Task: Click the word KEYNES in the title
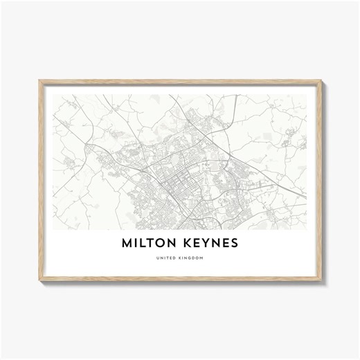[x=212, y=244]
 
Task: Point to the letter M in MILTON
[x=127, y=244]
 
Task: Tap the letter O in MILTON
[x=163, y=244]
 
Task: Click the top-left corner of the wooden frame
[x=39, y=82]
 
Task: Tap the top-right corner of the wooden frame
[x=321, y=82]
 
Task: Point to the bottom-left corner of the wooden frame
[x=39, y=280]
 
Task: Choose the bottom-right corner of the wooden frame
[x=321, y=280]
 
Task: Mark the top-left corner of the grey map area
[x=54, y=95]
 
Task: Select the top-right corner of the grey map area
[x=307, y=95]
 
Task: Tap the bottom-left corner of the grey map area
[x=54, y=229]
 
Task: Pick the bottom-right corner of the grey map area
[x=307, y=229]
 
